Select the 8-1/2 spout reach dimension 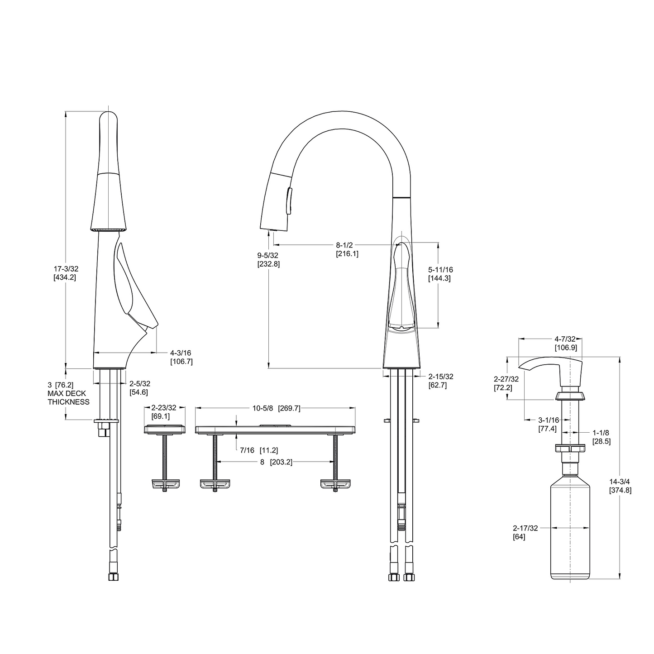[x=347, y=249]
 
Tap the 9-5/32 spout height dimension [x=268, y=259]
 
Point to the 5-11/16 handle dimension [x=440, y=274]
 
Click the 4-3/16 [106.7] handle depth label [x=181, y=357]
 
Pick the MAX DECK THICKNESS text [x=68, y=397]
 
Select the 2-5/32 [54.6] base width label [x=139, y=388]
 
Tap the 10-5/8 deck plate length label [x=276, y=408]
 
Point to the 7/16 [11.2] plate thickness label [x=259, y=450]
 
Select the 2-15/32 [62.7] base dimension [x=440, y=381]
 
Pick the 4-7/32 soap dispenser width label [x=565, y=343]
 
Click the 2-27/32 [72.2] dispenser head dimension [x=503, y=383]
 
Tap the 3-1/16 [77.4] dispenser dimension [x=548, y=424]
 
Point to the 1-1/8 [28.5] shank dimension [x=601, y=437]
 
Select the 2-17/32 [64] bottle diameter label [x=525, y=532]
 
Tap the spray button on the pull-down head [x=288, y=200]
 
